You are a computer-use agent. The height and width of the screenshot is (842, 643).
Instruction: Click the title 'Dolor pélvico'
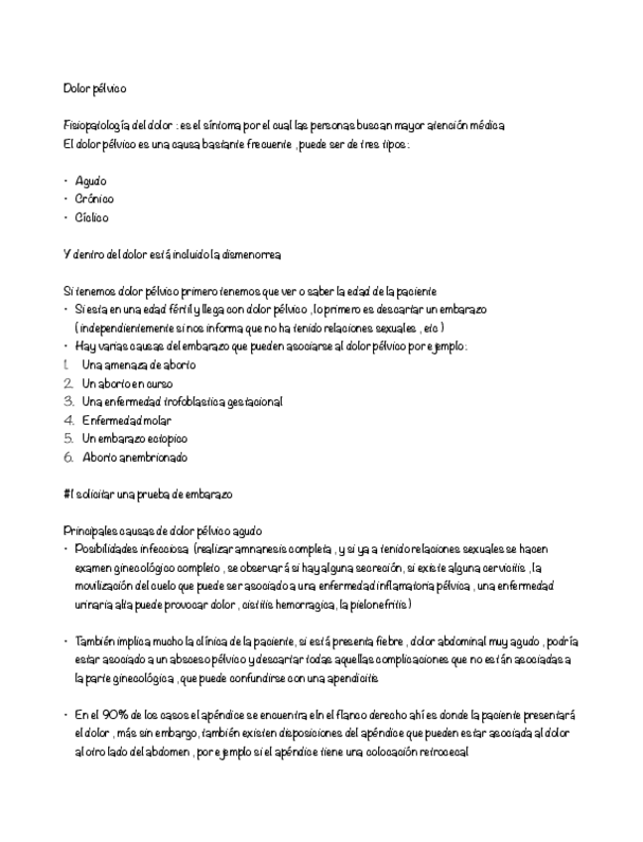[94, 88]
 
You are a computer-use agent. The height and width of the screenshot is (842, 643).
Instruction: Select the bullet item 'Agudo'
[90, 181]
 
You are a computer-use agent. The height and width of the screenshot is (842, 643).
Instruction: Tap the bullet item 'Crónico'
[94, 199]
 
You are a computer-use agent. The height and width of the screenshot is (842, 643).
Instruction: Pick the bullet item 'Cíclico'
[92, 217]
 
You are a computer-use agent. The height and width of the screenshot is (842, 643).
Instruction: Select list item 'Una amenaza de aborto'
[139, 365]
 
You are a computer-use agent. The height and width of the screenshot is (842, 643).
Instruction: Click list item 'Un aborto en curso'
[128, 383]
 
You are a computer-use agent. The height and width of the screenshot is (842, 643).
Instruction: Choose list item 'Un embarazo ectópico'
[134, 439]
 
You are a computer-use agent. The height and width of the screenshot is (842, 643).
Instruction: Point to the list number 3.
[68, 402]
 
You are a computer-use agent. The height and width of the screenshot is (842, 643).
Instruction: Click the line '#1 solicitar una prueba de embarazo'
[147, 494]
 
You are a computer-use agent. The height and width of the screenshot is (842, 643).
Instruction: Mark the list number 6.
[68, 458]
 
